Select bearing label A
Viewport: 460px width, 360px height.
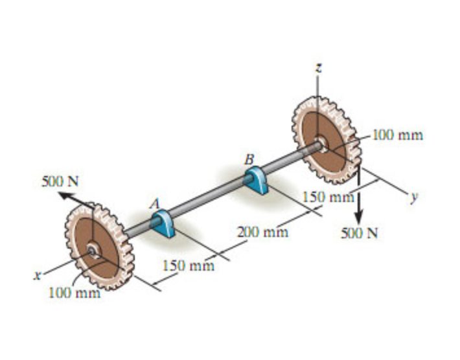pyautogui.click(x=154, y=203)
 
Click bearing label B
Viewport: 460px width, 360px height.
pyautogui.click(x=249, y=158)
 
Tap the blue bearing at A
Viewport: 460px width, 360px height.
pyautogui.click(x=160, y=221)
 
